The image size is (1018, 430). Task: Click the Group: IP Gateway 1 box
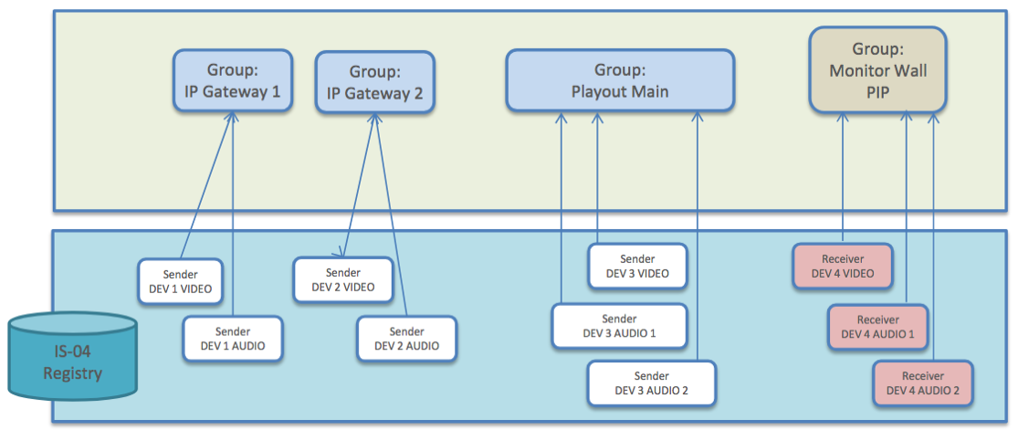click(x=233, y=80)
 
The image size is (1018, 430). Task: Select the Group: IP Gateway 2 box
click(x=374, y=82)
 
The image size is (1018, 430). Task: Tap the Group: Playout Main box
click(x=620, y=80)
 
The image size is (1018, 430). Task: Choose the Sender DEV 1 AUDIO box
click(x=233, y=339)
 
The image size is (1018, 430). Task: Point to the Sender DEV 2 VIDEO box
click(x=343, y=279)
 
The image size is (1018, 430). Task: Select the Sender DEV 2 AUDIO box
click(x=406, y=339)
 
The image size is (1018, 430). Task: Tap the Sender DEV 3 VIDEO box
click(x=637, y=267)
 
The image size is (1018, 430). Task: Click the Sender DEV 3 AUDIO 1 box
click(x=619, y=326)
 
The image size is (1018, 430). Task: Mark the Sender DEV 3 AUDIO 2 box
click(x=651, y=383)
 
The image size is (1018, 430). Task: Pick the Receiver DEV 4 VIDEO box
click(x=842, y=267)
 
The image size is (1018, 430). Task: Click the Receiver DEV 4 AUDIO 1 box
click(x=877, y=327)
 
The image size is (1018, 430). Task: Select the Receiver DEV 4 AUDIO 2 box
click(x=923, y=383)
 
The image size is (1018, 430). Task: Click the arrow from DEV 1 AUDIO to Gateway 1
click(x=233, y=219)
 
